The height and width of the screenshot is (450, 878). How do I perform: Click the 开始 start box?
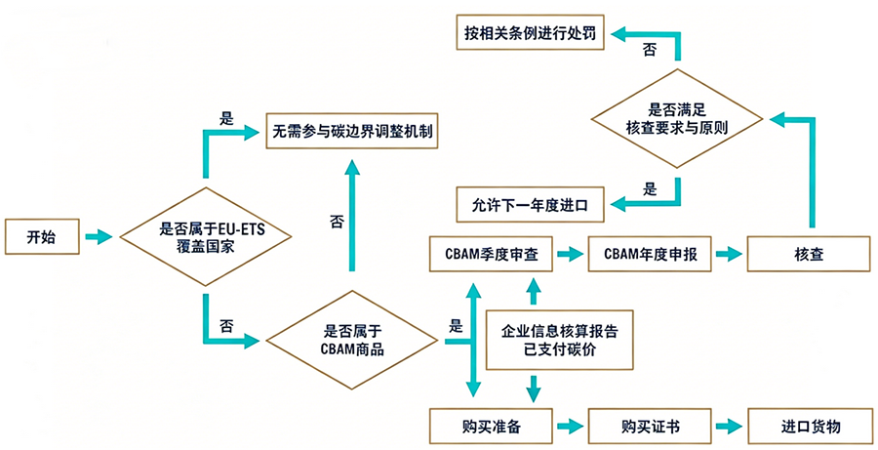point(42,237)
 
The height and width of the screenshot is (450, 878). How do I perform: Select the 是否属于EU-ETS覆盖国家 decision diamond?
point(206,237)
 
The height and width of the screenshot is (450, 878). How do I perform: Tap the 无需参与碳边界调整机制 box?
point(351,131)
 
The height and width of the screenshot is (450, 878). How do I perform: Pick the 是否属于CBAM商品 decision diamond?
point(351,340)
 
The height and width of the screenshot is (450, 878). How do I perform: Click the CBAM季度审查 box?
point(491,254)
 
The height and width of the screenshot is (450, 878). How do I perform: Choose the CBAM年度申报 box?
point(650,254)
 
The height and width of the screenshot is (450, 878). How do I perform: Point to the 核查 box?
point(809,254)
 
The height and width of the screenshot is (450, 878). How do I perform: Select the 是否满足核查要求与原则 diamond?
point(677,118)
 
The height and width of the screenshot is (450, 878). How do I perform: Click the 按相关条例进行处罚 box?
point(531,32)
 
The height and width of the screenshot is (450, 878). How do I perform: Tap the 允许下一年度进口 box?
point(531,205)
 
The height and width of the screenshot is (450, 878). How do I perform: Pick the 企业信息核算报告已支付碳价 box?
point(559,340)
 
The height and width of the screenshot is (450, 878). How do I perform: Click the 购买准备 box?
point(491,427)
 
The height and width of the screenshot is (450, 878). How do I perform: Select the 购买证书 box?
point(650,427)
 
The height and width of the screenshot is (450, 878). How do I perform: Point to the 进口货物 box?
point(810,427)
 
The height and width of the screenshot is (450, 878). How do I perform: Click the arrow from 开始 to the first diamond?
point(99,237)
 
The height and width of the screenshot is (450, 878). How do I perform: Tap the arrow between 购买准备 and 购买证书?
point(570,427)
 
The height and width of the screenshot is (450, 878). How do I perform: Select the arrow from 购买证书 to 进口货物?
point(729,427)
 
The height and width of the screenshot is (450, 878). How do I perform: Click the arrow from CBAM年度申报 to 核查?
point(729,254)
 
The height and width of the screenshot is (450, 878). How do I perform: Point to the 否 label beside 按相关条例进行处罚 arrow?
point(649,51)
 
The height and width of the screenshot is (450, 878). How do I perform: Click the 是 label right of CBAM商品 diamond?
point(457,326)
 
